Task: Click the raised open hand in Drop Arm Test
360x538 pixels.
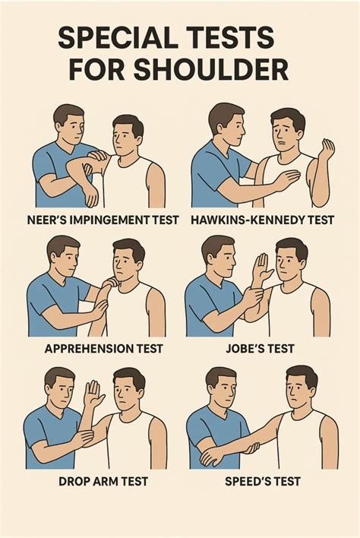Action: pos(93,394)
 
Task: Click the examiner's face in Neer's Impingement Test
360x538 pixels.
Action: pos(73,126)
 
